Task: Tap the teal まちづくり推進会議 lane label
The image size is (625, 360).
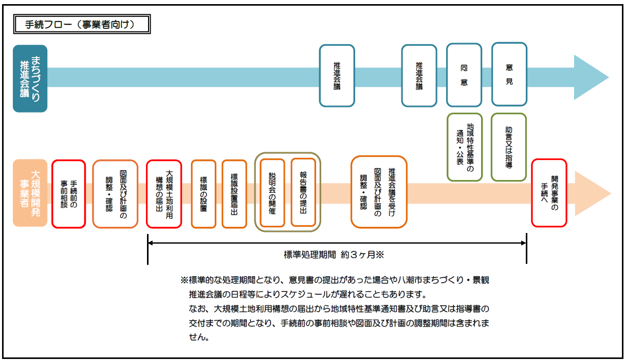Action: [x=30, y=78]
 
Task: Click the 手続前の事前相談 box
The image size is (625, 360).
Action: [x=68, y=193]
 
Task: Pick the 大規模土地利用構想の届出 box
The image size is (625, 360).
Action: [x=164, y=193]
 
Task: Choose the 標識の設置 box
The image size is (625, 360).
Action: [x=203, y=193]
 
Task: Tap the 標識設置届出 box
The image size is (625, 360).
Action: [x=234, y=193]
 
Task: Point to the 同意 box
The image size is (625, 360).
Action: [x=464, y=75]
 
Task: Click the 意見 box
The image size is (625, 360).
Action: [x=509, y=75]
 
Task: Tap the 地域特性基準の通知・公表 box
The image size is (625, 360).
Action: [x=465, y=147]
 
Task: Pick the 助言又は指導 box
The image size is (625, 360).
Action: [x=509, y=147]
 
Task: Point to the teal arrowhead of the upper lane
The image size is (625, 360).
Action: [x=591, y=77]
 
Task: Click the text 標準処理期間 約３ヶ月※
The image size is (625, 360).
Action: [x=334, y=254]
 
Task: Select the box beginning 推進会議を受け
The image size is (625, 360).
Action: [x=379, y=192]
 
